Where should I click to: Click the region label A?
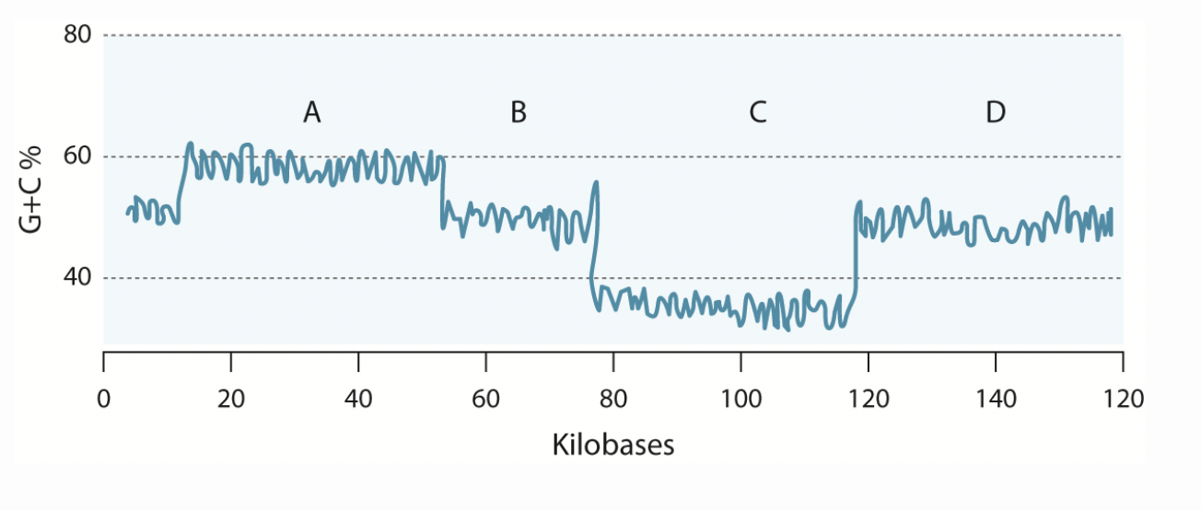coord(312,113)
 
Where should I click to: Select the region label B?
coord(519,113)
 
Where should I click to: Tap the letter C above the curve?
coord(757,113)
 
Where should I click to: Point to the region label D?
coord(996,113)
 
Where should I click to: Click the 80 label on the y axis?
coord(77,36)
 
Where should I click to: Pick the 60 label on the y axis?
coord(77,156)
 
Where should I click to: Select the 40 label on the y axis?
coord(77,278)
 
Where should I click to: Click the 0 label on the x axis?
coord(104,399)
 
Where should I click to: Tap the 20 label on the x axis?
coord(231,399)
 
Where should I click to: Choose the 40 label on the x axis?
coord(358,399)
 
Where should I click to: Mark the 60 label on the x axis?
coord(485,399)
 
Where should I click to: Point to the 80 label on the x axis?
coord(613,399)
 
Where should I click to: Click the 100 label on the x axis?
coord(740,399)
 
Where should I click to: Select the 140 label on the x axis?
coord(996,399)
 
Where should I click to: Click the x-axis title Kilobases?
coord(613,446)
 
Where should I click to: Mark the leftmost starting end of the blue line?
coord(128,214)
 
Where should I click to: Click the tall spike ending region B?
coord(597,184)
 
